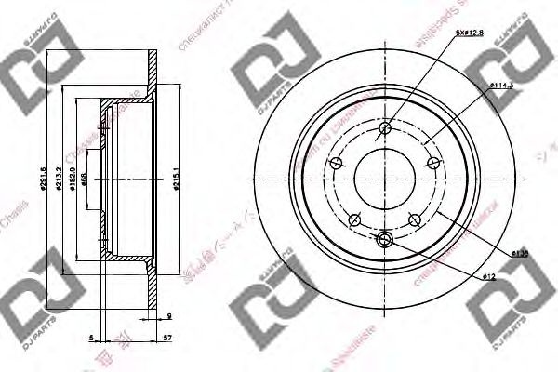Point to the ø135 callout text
click(519, 252)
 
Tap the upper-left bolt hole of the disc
click(336, 164)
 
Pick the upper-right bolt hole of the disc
click(433, 165)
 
